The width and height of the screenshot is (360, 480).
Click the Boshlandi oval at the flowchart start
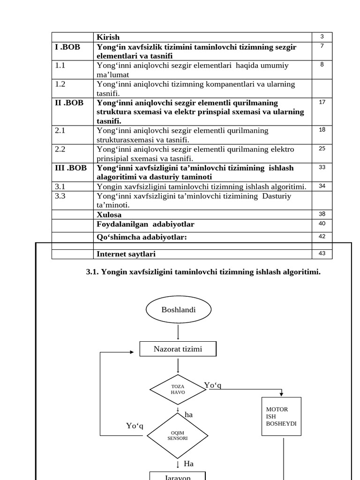point(179,310)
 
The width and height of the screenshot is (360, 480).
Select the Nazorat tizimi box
point(178,349)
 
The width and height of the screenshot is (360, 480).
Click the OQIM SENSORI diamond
point(178,435)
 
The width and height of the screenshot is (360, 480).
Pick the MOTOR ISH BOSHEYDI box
point(281,416)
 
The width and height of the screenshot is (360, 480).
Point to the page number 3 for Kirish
point(322,37)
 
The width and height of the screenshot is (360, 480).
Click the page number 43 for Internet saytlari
point(322,254)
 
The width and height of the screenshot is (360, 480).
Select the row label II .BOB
point(69,103)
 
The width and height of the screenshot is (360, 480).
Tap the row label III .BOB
point(71,167)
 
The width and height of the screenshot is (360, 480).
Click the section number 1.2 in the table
point(60,84)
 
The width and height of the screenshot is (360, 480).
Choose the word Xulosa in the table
point(109,215)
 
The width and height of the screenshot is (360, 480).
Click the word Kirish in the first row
point(108,37)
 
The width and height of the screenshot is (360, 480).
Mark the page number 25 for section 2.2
point(322,149)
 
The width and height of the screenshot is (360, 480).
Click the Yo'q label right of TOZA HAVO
point(212,385)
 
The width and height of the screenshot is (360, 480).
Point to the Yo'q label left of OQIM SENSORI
point(135,426)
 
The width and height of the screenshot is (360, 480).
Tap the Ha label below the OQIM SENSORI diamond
point(188,464)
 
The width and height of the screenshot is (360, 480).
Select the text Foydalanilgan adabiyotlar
point(145,224)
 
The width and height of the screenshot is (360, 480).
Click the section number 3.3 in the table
point(60,196)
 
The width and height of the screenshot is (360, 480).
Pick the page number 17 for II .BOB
point(322,102)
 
